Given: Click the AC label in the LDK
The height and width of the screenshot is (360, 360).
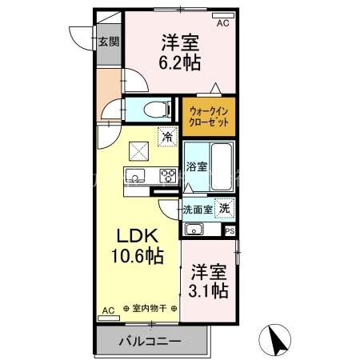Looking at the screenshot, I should [x=109, y=308].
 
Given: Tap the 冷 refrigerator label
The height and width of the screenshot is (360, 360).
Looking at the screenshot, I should [x=167, y=137].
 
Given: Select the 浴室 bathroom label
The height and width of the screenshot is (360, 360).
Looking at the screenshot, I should [x=197, y=167].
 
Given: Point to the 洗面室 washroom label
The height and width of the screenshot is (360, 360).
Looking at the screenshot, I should [x=198, y=210].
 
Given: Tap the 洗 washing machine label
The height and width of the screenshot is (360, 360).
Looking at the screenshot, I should [x=226, y=208].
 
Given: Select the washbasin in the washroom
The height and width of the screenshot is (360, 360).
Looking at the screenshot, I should [x=194, y=230].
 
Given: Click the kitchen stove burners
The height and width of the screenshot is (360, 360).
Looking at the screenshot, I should [x=168, y=176].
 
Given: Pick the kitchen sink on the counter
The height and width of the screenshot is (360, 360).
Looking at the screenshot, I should [x=134, y=176].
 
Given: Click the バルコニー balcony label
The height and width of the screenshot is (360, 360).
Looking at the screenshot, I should [x=150, y=342].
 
